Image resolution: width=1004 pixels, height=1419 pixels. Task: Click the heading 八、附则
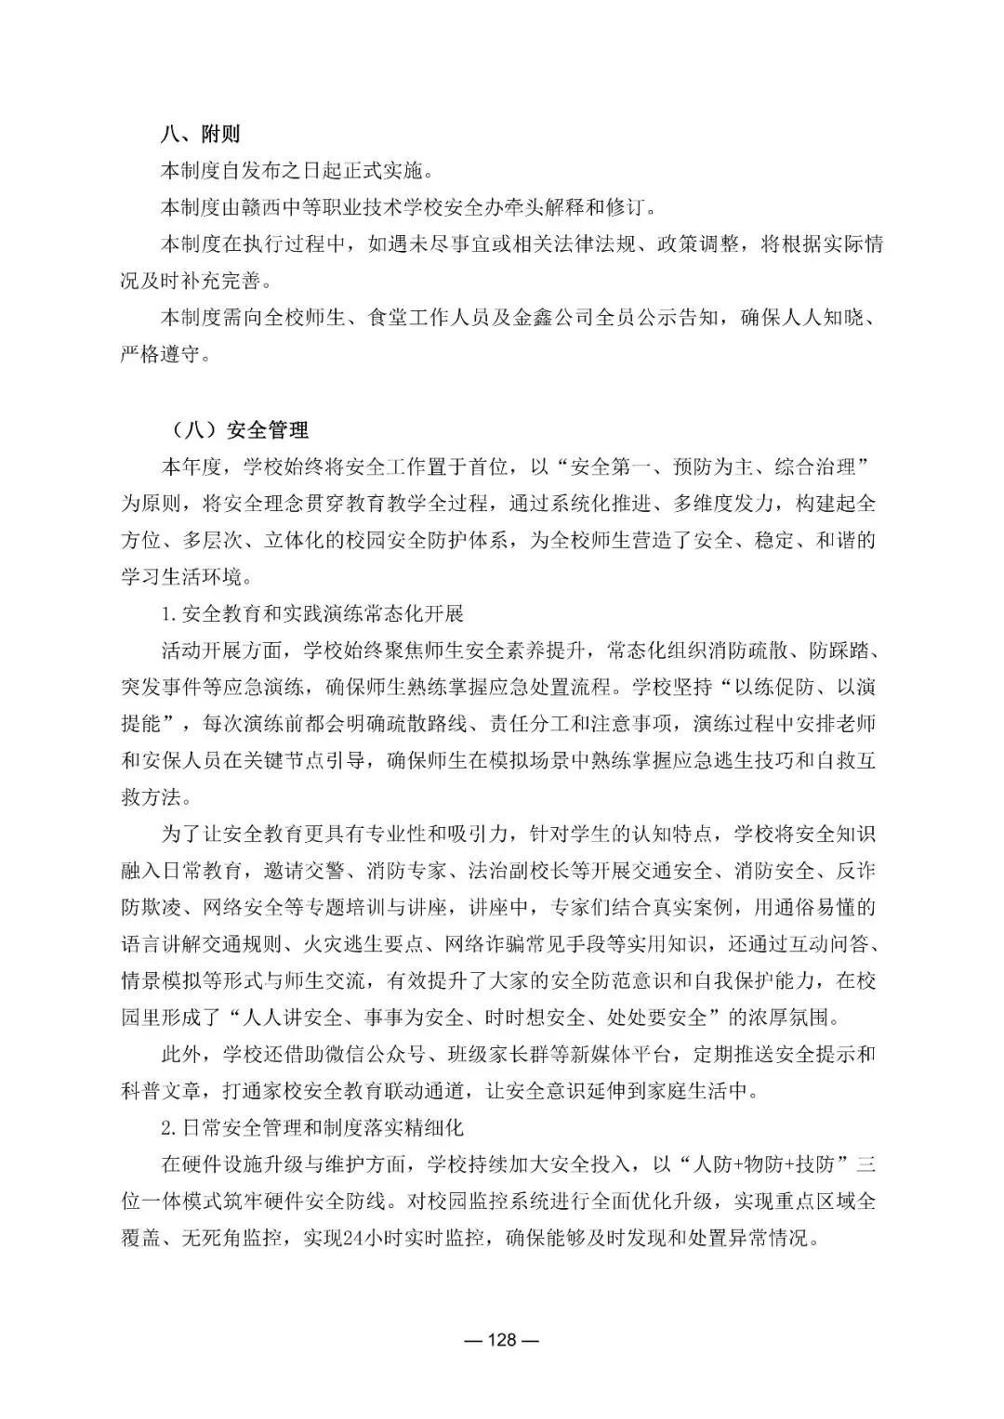(x=200, y=135)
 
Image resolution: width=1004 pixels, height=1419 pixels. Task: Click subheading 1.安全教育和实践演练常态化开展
(x=311, y=614)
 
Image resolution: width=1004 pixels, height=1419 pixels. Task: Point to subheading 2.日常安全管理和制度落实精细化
(x=311, y=1128)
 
